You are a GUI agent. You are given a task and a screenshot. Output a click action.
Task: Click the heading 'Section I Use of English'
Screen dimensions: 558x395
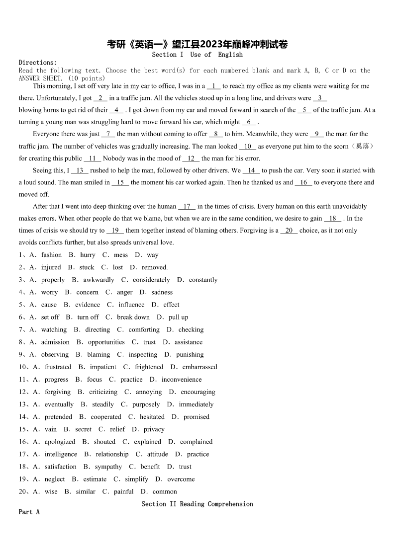coord(197,55)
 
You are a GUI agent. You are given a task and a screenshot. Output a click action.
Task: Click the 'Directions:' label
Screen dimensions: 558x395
coord(38,63)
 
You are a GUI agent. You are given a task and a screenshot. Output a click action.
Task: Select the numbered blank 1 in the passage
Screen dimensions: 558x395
coord(213,86)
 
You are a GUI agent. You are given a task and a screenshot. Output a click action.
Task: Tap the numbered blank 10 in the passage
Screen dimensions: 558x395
coord(248,147)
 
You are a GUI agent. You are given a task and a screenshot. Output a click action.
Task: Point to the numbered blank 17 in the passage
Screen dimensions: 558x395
coord(187,206)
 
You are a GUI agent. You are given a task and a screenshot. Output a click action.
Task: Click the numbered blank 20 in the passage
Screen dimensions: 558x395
coord(289,231)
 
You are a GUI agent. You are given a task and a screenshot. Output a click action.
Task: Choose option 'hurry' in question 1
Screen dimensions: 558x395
coord(88,255)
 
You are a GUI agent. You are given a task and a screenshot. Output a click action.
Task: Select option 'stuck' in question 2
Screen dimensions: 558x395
coord(87,267)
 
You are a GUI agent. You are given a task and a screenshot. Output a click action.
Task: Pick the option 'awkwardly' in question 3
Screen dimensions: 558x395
coord(99,280)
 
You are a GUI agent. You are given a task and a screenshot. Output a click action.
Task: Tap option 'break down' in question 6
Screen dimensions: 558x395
coord(133,317)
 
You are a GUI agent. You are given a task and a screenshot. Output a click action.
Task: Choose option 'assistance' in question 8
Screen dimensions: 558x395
coord(189,342)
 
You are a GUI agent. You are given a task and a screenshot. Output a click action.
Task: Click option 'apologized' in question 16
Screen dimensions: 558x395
coord(60,442)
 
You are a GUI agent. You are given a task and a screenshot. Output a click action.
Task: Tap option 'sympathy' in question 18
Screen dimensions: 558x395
coord(108,467)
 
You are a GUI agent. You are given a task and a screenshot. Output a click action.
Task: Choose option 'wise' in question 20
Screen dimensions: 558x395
coord(51,491)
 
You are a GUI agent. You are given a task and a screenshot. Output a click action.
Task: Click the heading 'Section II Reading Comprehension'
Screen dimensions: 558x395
coord(197,504)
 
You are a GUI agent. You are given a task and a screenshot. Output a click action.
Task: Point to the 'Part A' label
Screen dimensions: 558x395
coord(29,512)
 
